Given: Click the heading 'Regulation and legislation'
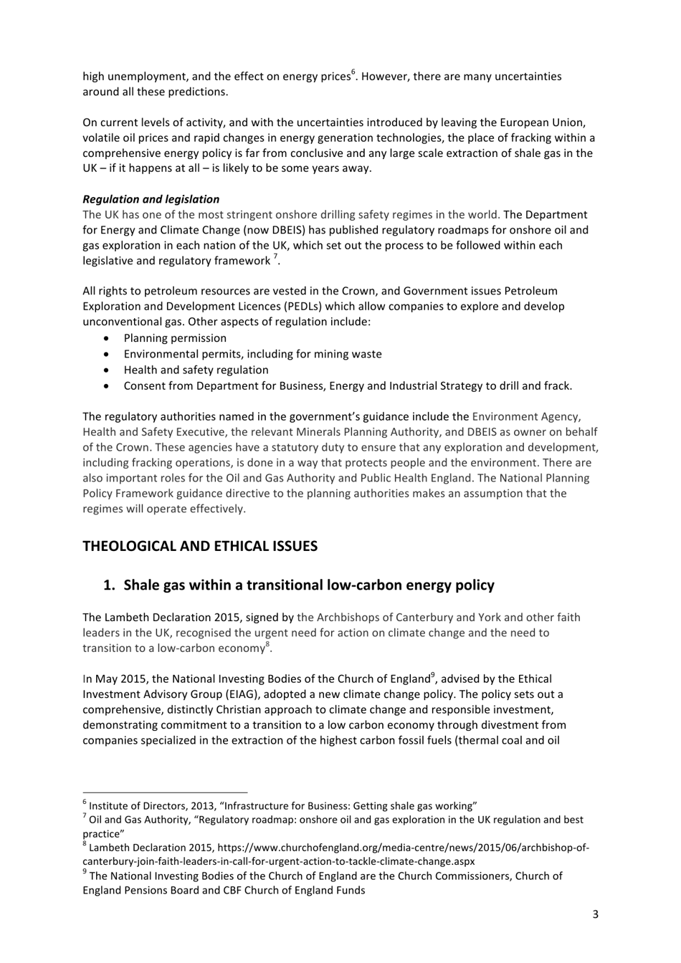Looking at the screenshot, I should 151,199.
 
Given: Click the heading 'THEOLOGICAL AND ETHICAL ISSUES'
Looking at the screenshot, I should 199,546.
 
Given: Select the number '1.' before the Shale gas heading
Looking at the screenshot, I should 110,585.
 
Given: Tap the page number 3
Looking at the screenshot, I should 595,914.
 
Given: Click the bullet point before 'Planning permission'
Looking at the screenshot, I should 107,338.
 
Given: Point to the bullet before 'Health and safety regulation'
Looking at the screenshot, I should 107,370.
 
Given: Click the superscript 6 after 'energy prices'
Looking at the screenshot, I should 353,72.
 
